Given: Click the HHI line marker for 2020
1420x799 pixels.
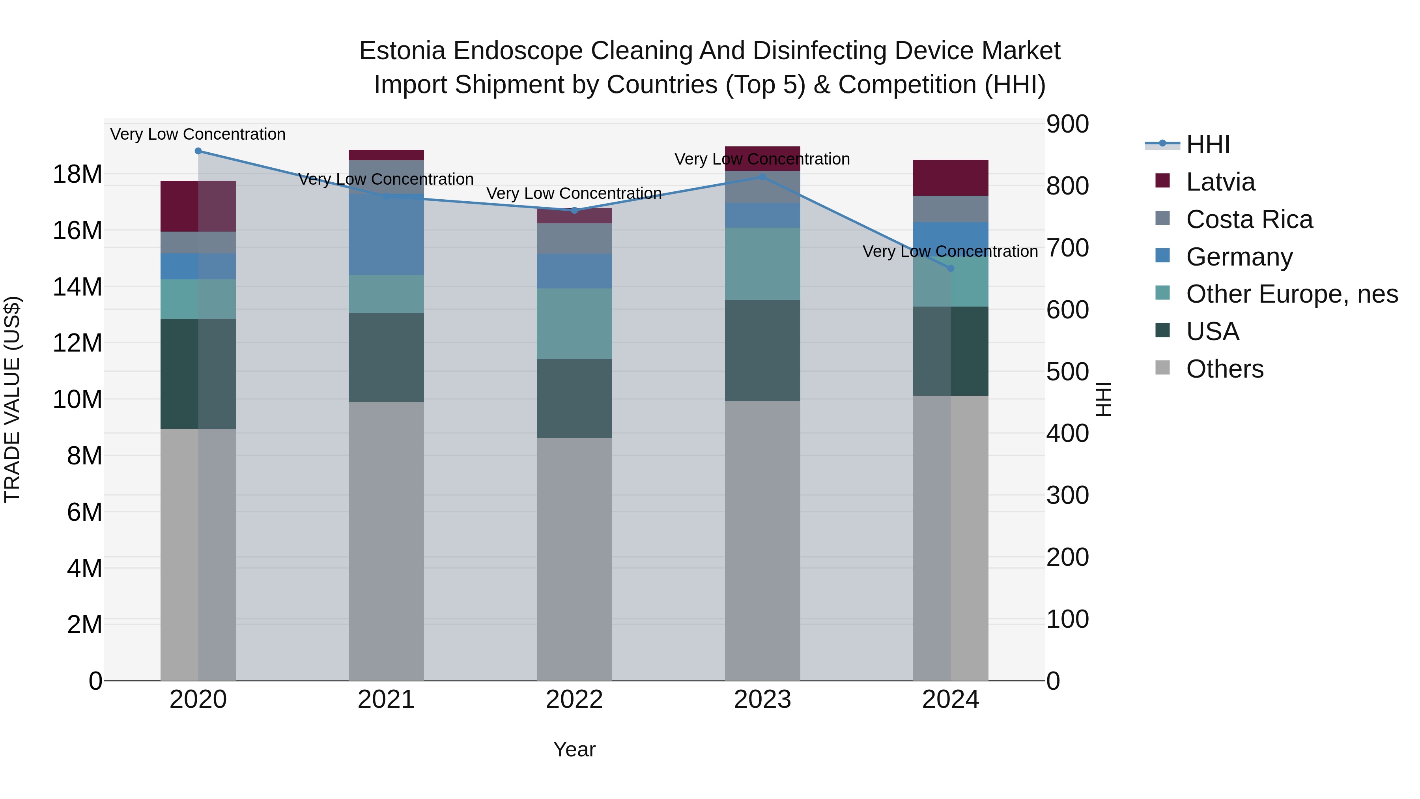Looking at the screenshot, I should [x=198, y=151].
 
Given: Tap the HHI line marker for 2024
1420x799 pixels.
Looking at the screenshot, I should [x=950, y=269].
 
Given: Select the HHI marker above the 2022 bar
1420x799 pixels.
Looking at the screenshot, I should [x=574, y=210].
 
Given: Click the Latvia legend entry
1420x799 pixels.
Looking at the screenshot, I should [x=1220, y=182].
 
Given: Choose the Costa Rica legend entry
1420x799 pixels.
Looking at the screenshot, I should [x=1249, y=219].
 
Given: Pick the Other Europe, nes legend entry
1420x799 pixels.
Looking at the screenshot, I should [x=1291, y=294].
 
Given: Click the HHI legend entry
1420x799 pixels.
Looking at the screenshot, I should [x=1207, y=144].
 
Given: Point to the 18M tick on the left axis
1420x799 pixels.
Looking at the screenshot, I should [x=77, y=174].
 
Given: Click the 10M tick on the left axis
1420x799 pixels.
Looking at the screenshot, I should [x=77, y=399].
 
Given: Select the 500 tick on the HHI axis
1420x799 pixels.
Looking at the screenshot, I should [x=1068, y=372].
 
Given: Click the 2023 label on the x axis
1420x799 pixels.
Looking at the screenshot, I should [x=762, y=700].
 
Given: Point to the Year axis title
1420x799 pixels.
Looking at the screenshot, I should [x=574, y=749].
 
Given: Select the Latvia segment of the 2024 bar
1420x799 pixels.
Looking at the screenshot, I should [x=950, y=178].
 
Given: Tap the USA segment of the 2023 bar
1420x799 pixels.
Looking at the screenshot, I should [x=762, y=351].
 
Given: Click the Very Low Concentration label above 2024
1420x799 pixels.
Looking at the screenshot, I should [x=950, y=251].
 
